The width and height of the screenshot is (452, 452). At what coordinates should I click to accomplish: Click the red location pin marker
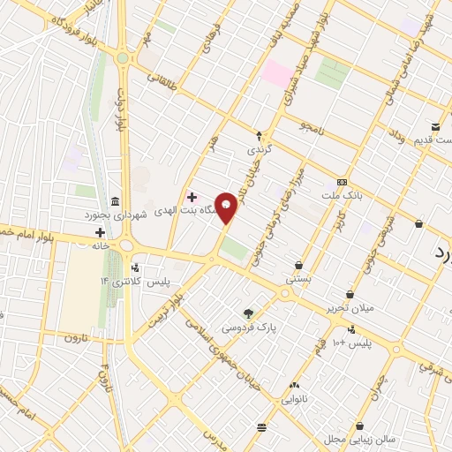(x=227, y=207)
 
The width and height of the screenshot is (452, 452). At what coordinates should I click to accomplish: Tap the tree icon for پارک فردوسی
(x=248, y=313)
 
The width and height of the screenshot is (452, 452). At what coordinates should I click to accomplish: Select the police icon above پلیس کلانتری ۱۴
(x=134, y=267)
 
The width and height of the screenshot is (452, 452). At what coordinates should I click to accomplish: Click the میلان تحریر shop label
(x=350, y=307)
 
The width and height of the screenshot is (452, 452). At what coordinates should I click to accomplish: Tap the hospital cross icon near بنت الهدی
(x=192, y=196)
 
